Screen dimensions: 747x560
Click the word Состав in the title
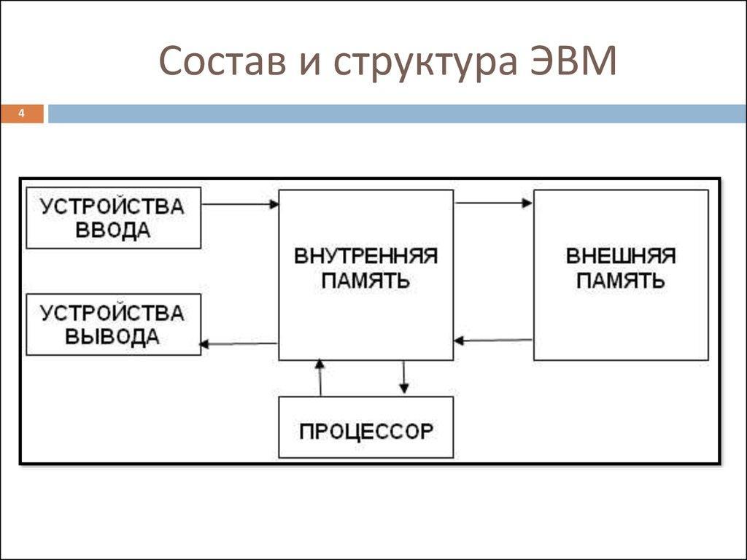click(222, 61)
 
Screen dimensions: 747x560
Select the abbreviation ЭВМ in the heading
click(573, 61)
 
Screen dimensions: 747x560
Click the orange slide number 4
click(21, 114)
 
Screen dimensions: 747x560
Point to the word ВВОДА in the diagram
click(113, 231)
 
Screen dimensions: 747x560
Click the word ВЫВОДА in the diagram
click(112, 337)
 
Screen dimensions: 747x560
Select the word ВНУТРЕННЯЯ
click(365, 256)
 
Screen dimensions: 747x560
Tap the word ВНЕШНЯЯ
click(621, 256)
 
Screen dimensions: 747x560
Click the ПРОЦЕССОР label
click(366, 432)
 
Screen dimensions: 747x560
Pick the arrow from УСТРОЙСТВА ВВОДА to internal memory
click(240, 204)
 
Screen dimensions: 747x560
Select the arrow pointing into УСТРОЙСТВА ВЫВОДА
click(239, 344)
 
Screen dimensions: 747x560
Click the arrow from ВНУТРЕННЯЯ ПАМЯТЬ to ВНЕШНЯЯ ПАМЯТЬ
click(494, 203)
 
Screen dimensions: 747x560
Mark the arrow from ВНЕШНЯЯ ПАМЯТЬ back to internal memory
click(493, 341)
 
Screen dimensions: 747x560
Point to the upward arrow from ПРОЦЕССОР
click(320, 377)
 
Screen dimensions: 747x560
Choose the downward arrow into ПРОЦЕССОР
click(404, 377)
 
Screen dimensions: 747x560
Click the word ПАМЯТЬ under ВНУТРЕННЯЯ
click(365, 281)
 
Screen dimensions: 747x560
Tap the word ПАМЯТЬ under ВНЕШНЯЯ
click(621, 281)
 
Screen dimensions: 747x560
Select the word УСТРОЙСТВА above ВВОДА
click(112, 206)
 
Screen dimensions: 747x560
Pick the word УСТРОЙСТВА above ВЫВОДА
click(112, 313)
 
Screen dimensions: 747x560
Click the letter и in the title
click(309, 65)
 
